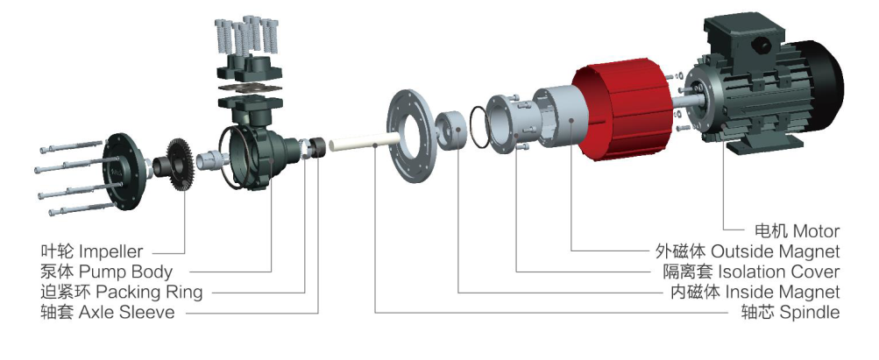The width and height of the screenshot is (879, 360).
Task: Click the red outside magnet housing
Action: (622, 112)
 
